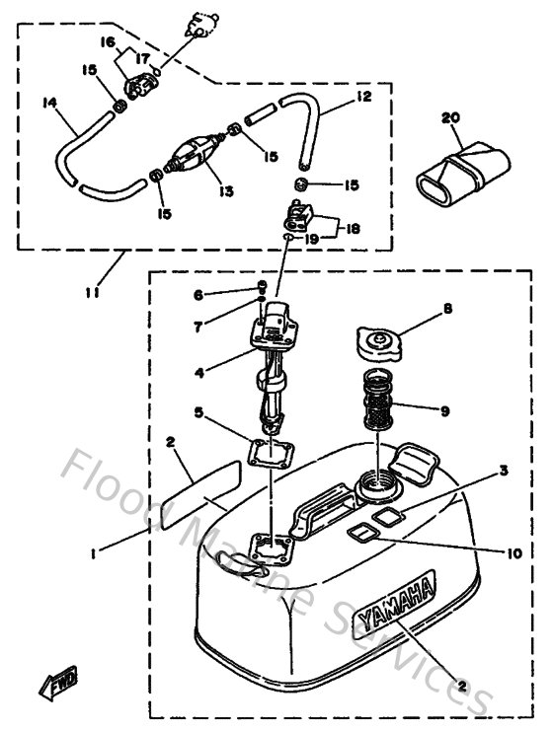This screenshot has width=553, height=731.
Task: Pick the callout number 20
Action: click(451, 118)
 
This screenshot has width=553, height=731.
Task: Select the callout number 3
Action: click(504, 471)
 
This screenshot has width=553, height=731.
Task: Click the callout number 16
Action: click(109, 42)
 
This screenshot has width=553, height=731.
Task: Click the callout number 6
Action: click(197, 294)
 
